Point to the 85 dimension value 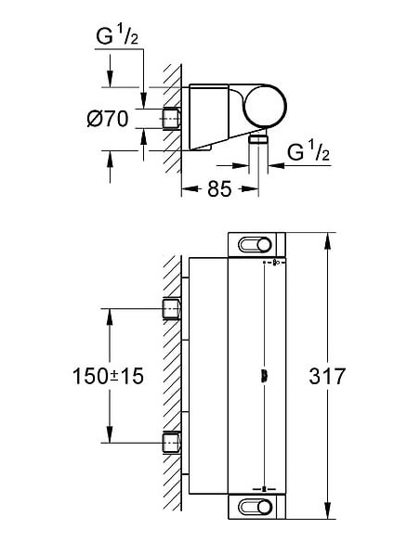218,189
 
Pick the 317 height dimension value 327,377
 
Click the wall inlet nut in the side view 172,119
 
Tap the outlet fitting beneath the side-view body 257,138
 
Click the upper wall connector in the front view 172,309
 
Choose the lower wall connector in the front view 172,444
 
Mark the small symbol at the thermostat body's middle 267,376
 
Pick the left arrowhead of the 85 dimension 187,189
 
